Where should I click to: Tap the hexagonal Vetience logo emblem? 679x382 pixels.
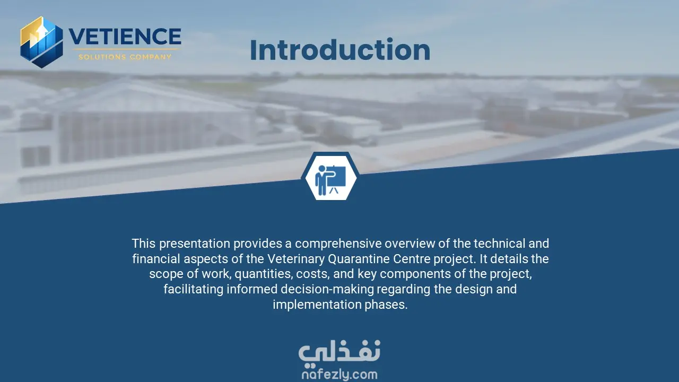(x=42, y=42)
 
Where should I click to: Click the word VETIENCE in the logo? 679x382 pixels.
(x=125, y=37)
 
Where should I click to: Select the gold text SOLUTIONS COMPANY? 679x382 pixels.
(x=125, y=57)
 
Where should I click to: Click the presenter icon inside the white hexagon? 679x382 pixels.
(x=330, y=180)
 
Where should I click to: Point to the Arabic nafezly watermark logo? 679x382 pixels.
(x=339, y=351)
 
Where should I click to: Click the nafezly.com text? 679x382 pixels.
(x=339, y=375)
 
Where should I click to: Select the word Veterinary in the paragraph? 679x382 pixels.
(x=295, y=259)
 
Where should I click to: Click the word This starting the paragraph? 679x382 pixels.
(x=144, y=244)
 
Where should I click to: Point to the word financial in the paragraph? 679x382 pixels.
(x=156, y=258)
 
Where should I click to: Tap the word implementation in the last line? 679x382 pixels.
(x=317, y=305)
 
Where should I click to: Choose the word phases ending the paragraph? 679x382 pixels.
(x=386, y=305)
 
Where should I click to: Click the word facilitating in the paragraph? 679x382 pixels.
(x=194, y=289)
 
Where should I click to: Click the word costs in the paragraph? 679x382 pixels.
(x=313, y=274)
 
